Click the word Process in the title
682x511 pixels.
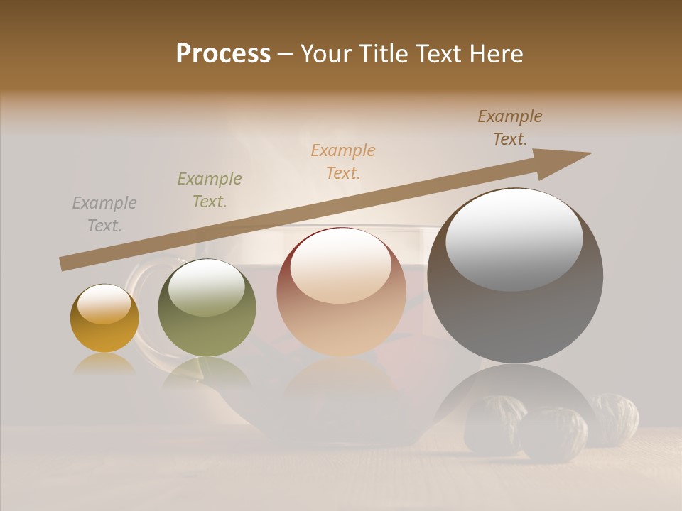point(223,54)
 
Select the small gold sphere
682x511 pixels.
point(104,319)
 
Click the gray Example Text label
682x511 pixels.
point(104,214)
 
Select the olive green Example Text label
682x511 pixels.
point(210,190)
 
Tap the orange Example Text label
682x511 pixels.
point(343,162)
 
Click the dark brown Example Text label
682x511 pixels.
point(510,128)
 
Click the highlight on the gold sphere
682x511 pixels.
point(104,304)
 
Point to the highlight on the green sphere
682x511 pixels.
point(207,286)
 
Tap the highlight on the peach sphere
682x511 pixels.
point(340,267)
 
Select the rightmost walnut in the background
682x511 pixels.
point(615,419)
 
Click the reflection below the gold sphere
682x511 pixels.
point(104,364)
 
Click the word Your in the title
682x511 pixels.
point(325,54)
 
